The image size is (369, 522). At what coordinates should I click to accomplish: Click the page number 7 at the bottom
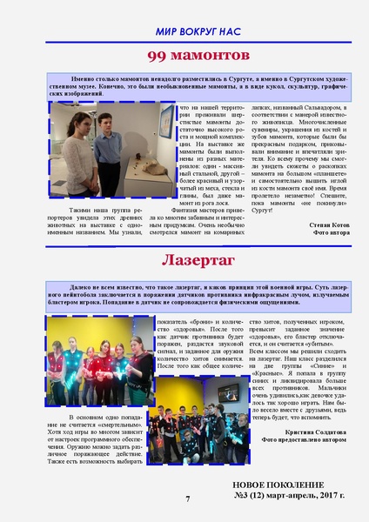click(186, 499)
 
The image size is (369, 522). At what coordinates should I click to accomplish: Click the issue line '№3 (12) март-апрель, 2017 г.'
click(290, 495)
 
